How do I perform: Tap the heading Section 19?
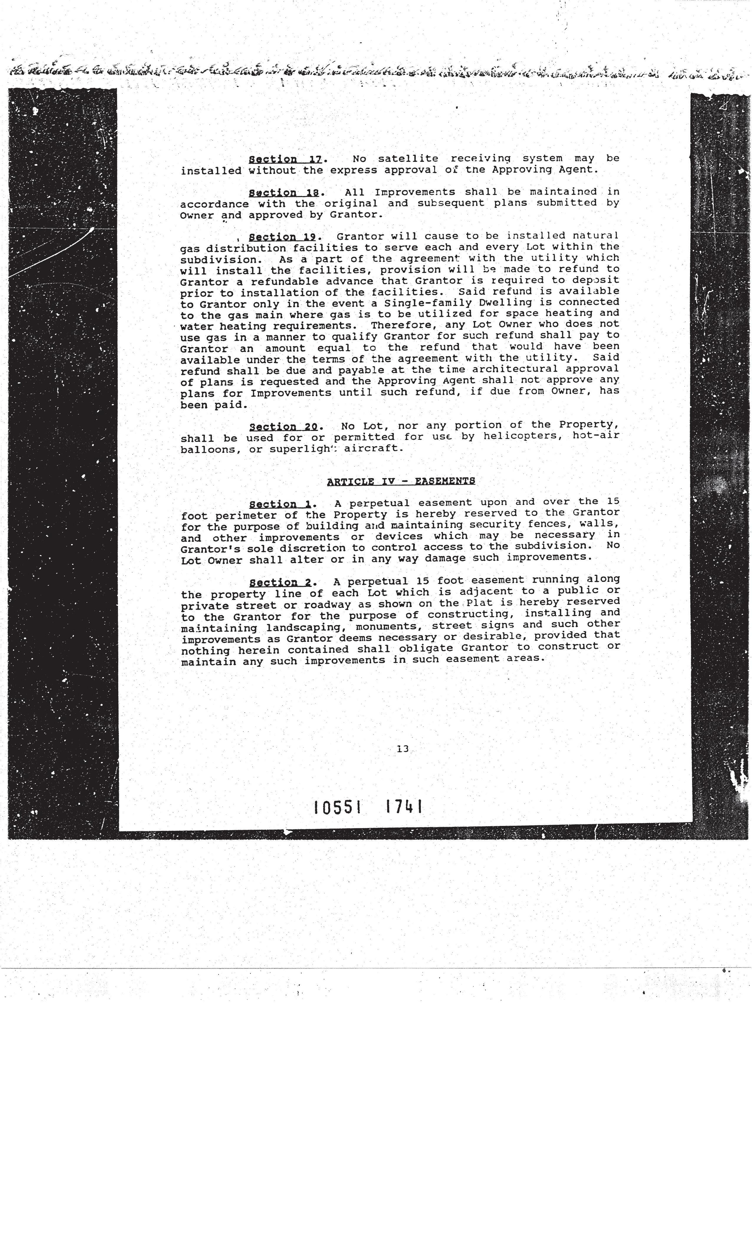click(283, 237)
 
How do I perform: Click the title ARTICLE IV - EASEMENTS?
click(401, 481)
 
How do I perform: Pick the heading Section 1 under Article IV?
click(280, 504)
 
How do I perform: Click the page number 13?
click(402, 749)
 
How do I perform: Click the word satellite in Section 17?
click(408, 159)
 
